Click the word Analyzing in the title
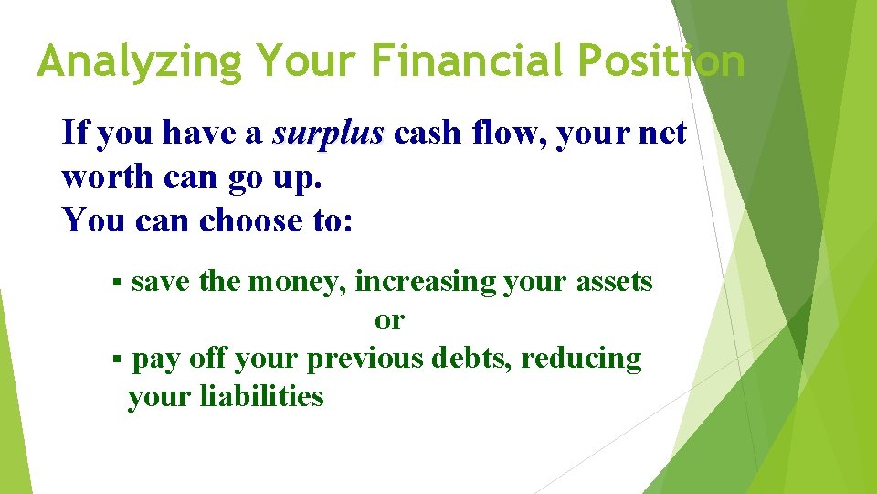coord(140,62)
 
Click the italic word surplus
coord(328,134)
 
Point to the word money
coord(297,281)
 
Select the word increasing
coord(426,281)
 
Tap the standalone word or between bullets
coord(389,320)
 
